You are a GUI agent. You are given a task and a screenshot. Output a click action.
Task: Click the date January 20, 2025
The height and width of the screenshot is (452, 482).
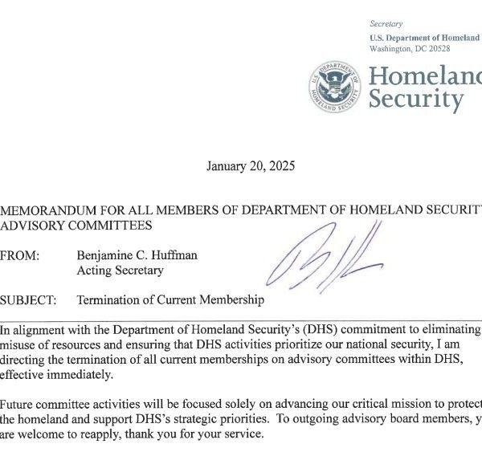pyautogui.click(x=251, y=167)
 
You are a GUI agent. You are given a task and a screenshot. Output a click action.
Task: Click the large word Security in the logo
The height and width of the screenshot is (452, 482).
pyautogui.click(x=416, y=100)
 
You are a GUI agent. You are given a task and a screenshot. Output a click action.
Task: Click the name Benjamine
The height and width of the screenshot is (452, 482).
pyautogui.click(x=106, y=256)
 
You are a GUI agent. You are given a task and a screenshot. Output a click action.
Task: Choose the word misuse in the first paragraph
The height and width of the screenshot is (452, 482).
pyautogui.click(x=18, y=346)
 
